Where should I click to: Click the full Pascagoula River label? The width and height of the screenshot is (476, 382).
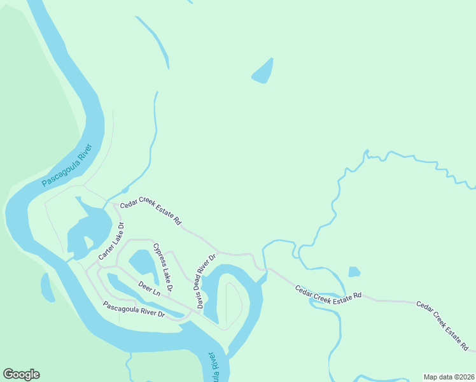pos(67,166)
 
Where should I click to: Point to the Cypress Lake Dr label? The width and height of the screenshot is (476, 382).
pos(162,267)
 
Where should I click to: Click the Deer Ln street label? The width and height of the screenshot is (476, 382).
pos(149,290)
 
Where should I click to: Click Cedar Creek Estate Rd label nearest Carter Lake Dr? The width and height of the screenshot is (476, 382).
pos(151,213)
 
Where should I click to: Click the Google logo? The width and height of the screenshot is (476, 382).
pos(21,374)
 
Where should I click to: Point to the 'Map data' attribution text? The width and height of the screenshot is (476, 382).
pos(437,376)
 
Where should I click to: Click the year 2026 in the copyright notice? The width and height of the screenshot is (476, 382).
pos(464,376)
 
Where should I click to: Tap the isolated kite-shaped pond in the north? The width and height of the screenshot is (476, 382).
pos(263,71)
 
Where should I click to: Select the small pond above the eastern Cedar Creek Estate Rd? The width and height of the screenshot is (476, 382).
pos(354,272)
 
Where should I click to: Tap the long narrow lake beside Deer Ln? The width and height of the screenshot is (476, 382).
pos(137,290)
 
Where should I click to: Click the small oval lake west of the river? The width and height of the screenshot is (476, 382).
pos(48,287)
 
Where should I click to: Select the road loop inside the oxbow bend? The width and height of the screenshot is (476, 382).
pos(232,304)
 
